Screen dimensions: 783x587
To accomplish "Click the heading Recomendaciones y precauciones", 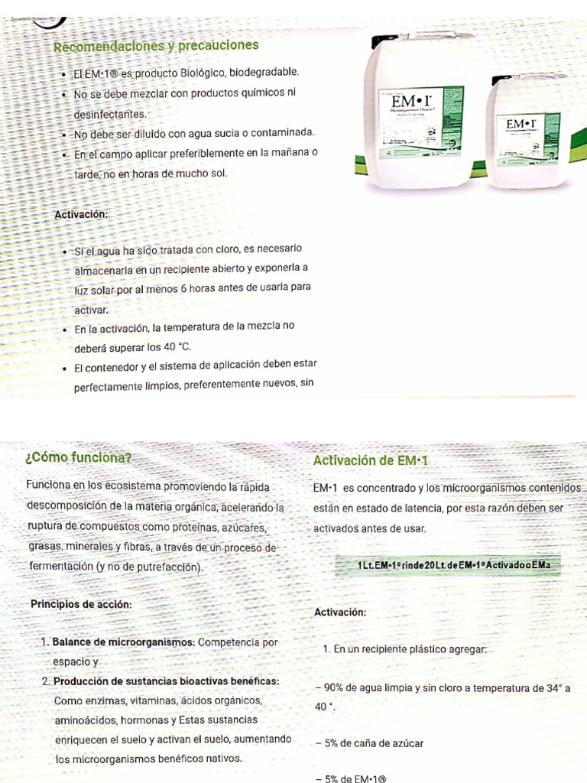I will click(156, 47).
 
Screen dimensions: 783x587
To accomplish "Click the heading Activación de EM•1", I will click(373, 460).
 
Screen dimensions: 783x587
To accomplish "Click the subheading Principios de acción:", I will click(81, 604).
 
